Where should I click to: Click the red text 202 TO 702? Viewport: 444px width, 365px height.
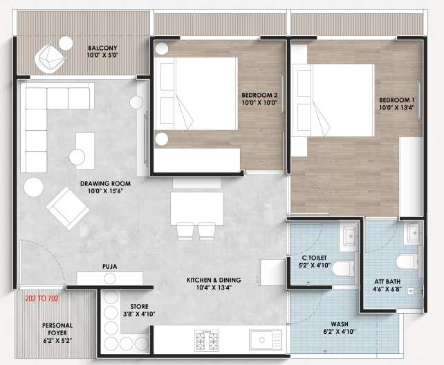coord(42,299)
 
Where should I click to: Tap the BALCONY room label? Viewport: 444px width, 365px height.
coord(102,48)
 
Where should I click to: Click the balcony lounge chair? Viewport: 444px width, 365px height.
coord(50,58)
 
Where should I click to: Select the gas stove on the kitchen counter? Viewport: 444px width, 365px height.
coord(207,340)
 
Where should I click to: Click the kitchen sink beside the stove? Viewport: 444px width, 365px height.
coord(266,340)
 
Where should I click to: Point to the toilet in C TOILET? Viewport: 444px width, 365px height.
coord(343,269)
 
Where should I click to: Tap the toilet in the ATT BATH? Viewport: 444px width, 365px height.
coord(407,262)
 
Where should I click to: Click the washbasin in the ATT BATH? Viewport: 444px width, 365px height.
coord(414,233)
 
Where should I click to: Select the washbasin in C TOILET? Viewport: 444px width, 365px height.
coord(350,236)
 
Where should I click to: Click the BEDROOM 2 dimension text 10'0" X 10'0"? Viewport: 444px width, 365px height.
coord(259,103)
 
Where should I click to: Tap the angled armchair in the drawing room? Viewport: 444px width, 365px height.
coord(68,208)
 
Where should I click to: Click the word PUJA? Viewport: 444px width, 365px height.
coord(109,267)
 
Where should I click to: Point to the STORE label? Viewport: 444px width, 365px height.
coord(139,306)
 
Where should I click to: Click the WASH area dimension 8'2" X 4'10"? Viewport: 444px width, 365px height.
coord(340,332)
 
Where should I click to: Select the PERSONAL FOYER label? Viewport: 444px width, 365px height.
coord(57,329)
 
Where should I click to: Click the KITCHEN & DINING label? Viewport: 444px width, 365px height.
coord(214,281)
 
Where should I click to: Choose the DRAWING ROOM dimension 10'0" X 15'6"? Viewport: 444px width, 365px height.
coord(105,191)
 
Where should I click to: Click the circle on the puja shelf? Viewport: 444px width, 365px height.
coord(109,278)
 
